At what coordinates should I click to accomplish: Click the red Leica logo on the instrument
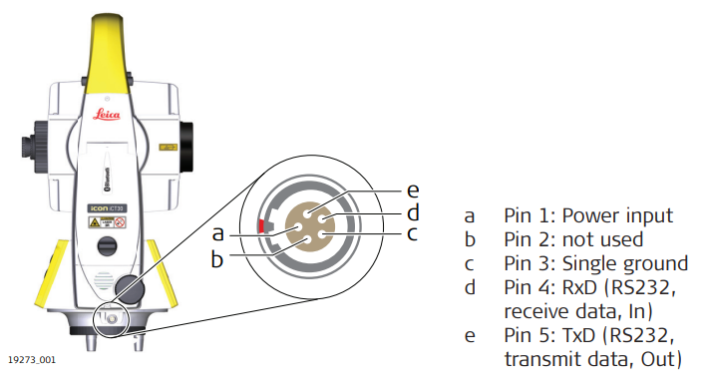(107, 115)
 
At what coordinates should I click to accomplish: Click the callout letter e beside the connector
(413, 192)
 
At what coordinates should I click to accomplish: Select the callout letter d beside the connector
(414, 212)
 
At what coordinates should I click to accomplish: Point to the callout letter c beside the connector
(412, 234)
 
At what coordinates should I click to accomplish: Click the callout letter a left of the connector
(218, 234)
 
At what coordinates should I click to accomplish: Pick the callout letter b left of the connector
(217, 259)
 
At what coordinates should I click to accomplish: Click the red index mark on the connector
(260, 225)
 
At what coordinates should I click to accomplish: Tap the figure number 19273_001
(32, 360)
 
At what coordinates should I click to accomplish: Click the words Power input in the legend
(617, 216)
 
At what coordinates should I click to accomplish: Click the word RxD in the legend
(580, 287)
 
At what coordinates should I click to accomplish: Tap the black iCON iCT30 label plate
(107, 208)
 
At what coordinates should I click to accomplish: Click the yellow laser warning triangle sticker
(95, 222)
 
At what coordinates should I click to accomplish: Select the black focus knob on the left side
(34, 147)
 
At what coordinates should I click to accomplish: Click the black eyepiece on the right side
(186, 148)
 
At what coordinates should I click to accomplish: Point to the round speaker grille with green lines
(103, 281)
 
